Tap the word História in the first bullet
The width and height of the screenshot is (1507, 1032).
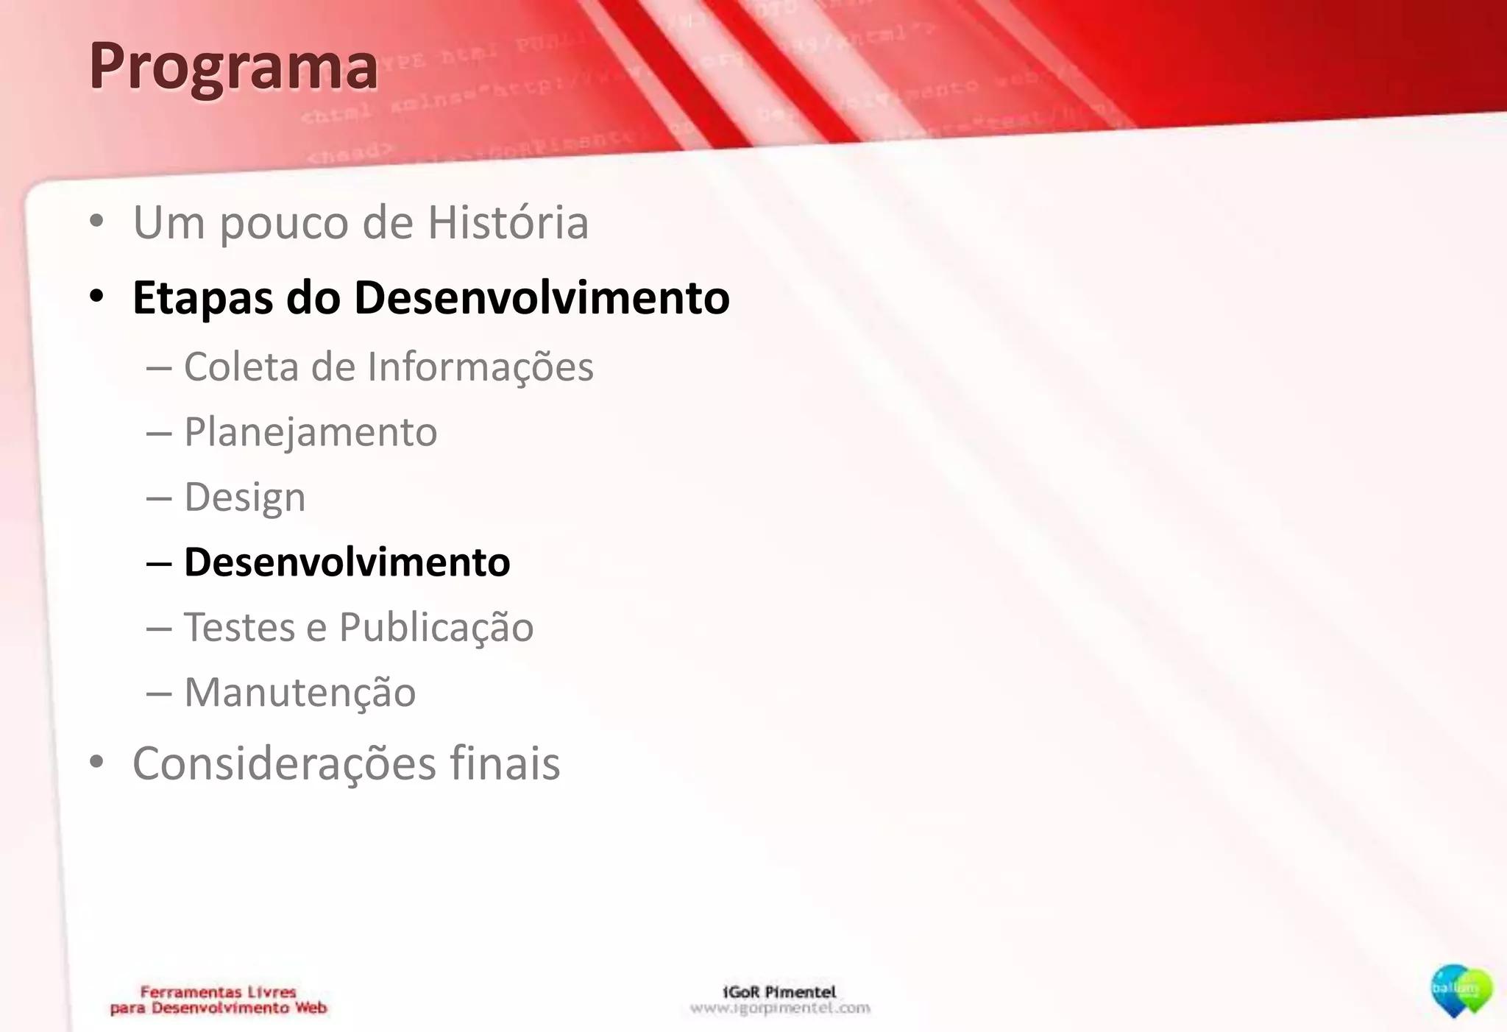pyautogui.click(x=508, y=222)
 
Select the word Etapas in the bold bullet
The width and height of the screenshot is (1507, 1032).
pyautogui.click(x=202, y=298)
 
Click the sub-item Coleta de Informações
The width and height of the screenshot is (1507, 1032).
pyautogui.click(x=388, y=367)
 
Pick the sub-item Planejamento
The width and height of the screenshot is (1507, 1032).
pyautogui.click(x=310, y=432)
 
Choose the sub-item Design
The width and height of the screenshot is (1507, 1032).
pyautogui.click(x=244, y=498)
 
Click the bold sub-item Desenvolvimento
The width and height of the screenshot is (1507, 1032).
pyautogui.click(x=347, y=562)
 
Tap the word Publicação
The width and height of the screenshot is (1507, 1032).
pyautogui.click(x=436, y=627)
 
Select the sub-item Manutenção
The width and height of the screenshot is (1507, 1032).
pyautogui.click(x=299, y=693)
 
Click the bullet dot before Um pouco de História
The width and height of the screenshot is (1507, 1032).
pyautogui.click(x=96, y=222)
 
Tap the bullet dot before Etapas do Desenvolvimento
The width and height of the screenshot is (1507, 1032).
pyautogui.click(x=96, y=297)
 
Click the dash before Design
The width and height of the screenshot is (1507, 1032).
pyautogui.click(x=159, y=498)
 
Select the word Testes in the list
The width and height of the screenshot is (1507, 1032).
pyautogui.click(x=239, y=627)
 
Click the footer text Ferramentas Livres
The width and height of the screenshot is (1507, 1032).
pyautogui.click(x=218, y=992)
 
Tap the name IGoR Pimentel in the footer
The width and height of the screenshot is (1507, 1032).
pyautogui.click(x=779, y=992)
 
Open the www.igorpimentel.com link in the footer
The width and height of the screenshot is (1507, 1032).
pyautogui.click(x=779, y=1008)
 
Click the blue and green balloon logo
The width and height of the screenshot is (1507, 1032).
pyautogui.click(x=1461, y=990)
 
